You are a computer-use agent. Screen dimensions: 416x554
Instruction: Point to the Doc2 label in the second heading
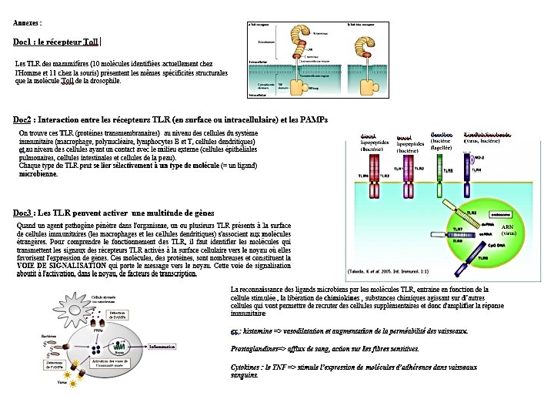coord(22,120)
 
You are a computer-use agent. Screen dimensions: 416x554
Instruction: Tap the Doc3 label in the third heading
coord(22,213)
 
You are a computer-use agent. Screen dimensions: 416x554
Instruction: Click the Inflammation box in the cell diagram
coord(162,347)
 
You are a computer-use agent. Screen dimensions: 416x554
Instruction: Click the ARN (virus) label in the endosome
coord(508,230)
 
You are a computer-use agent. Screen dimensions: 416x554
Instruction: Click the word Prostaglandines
coord(251,349)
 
